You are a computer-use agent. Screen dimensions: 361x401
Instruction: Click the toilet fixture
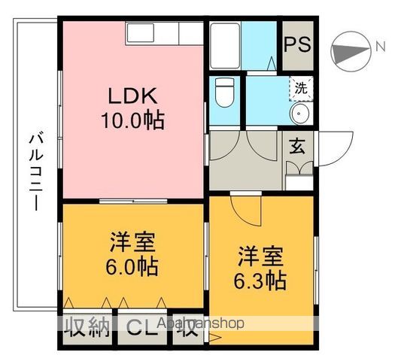point(223,93)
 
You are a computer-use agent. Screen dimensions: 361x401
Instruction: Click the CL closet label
point(142,326)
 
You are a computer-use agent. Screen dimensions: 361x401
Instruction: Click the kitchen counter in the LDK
point(165,33)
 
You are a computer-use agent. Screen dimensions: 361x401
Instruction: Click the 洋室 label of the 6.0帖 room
point(132,243)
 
